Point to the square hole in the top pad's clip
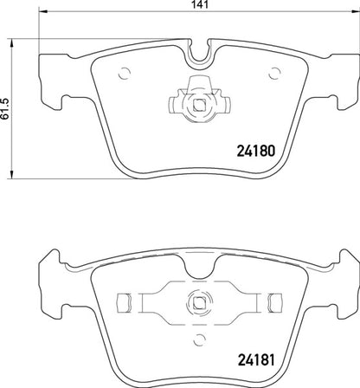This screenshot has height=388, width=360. (201, 107)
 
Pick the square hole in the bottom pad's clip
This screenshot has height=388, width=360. (201, 302)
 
